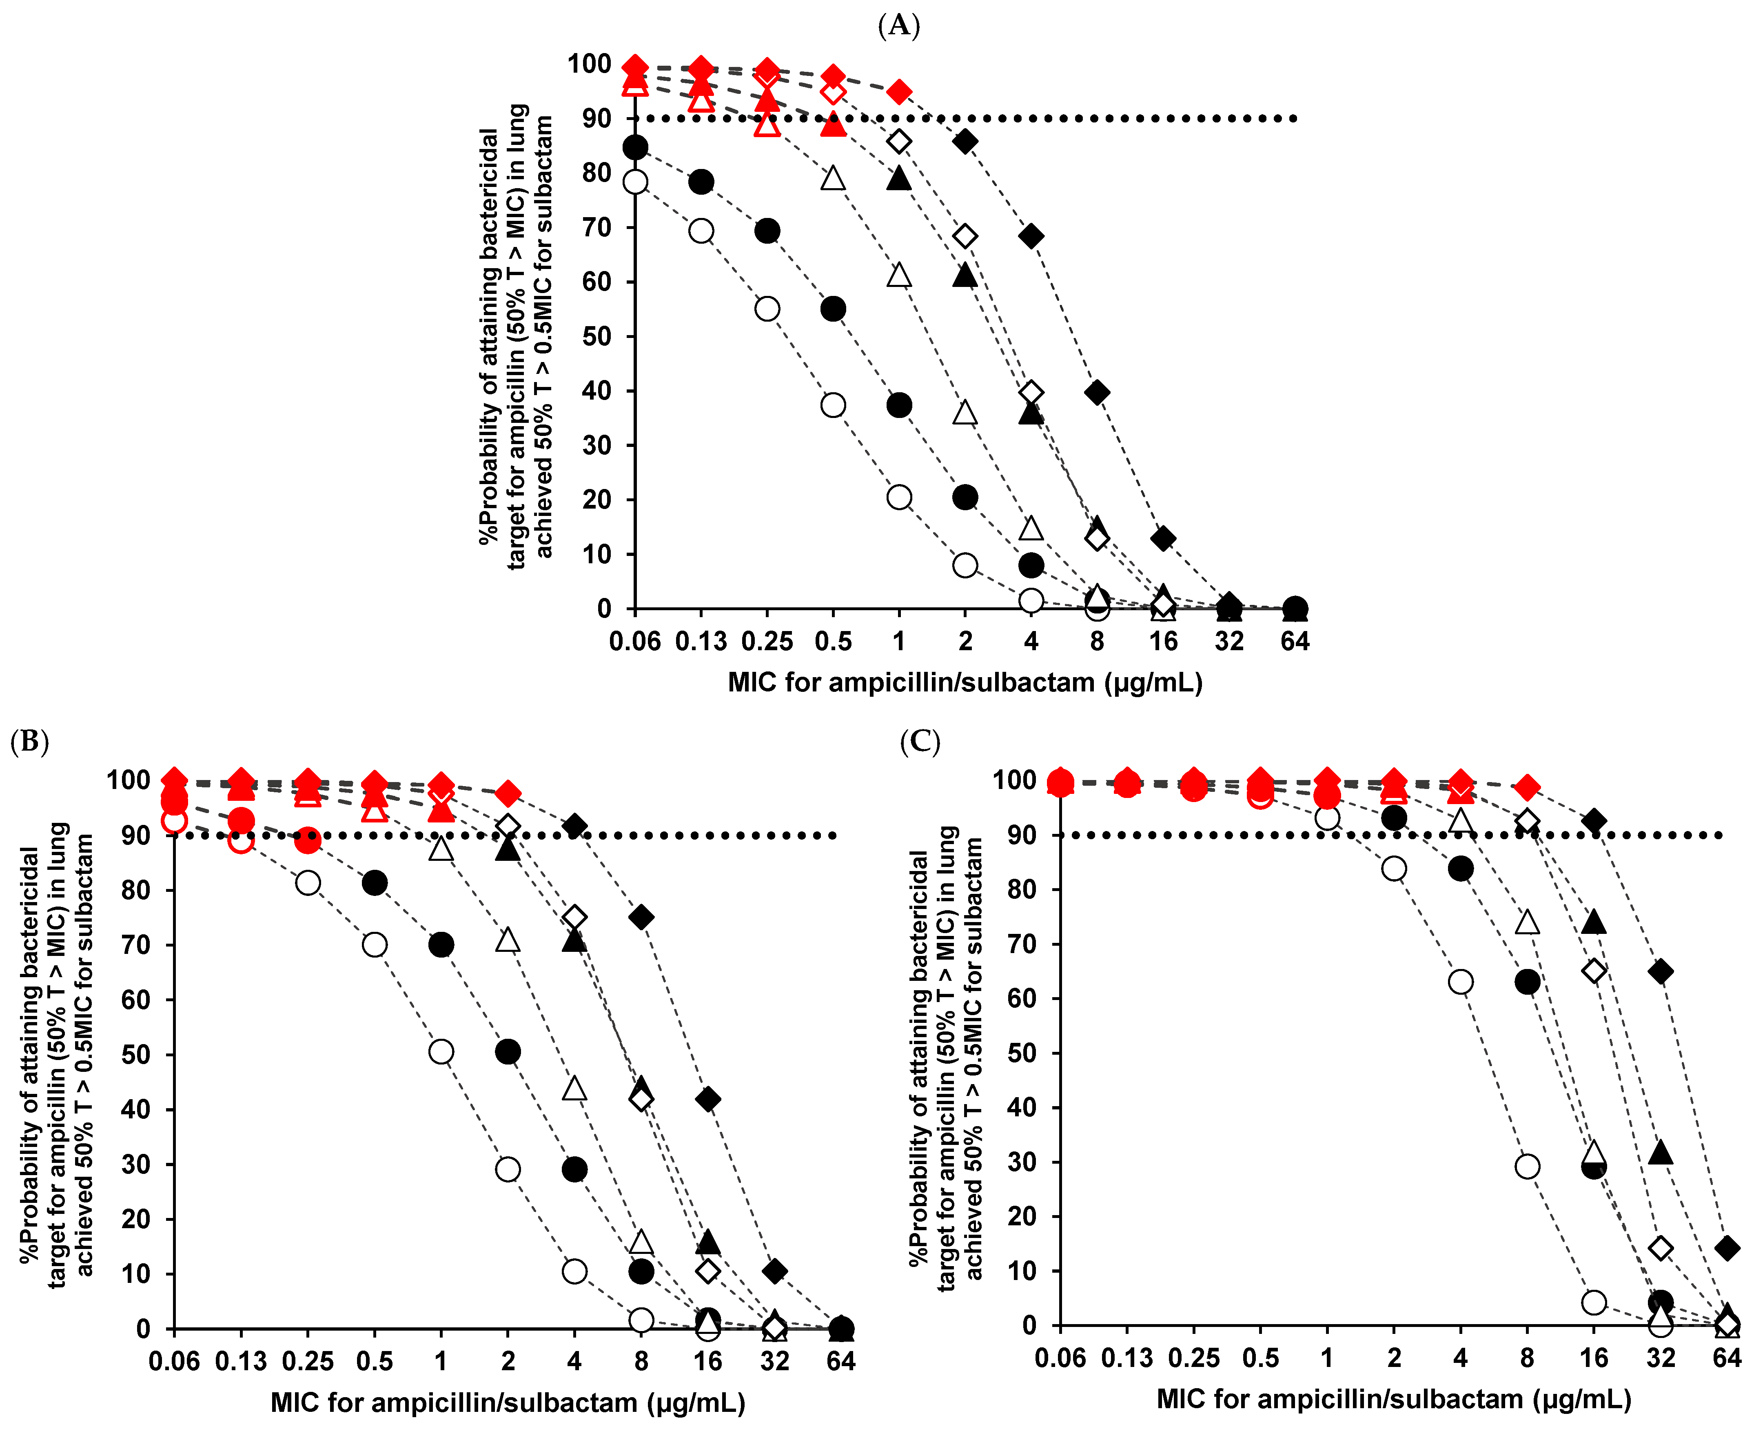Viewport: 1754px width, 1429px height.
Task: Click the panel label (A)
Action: click(898, 27)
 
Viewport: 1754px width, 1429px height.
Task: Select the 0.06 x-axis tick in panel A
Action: click(634, 641)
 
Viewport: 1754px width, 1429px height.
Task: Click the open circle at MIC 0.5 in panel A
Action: click(833, 405)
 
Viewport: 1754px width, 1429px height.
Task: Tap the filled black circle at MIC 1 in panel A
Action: click(899, 405)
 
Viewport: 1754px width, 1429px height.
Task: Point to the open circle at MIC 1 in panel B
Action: click(441, 1052)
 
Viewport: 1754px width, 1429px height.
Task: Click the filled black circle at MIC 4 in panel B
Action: click(574, 1169)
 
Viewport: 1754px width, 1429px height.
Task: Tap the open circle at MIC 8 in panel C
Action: click(1527, 1167)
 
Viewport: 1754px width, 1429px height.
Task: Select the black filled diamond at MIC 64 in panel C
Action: click(1727, 1248)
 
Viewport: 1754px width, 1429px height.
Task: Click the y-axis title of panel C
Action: click(946, 1058)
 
